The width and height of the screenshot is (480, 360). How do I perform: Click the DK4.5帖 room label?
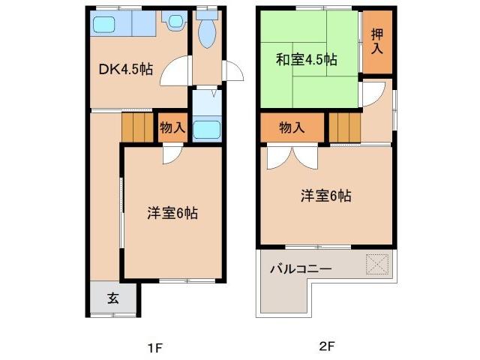click(127, 69)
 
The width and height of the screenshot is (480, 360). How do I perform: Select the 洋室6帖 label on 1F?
click(172, 213)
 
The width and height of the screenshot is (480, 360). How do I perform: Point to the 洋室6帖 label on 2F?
click(326, 196)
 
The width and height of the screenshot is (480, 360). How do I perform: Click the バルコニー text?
click(300, 268)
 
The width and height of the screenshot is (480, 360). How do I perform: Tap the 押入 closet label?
click(376, 42)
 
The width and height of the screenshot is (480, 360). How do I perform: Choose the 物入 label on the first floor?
click(172, 127)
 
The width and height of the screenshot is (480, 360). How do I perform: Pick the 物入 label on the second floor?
click(292, 127)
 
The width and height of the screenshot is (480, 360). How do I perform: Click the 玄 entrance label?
click(112, 298)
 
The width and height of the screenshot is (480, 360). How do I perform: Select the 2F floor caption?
click(325, 347)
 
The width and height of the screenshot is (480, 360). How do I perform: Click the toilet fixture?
click(206, 31)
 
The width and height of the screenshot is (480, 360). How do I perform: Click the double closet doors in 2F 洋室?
click(293, 156)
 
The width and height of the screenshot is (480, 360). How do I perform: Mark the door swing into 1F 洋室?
click(172, 152)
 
